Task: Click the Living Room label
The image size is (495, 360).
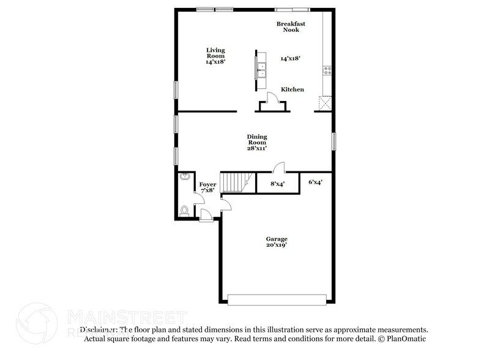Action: click(x=215, y=56)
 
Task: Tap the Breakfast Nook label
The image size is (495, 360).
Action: click(x=291, y=27)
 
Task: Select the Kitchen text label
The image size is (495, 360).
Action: click(x=292, y=89)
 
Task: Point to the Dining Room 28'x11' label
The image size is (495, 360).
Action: click(x=257, y=142)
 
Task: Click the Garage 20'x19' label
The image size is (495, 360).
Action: click(x=276, y=242)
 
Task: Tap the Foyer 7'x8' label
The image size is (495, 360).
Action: click(x=207, y=187)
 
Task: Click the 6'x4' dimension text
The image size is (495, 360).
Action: click(x=315, y=182)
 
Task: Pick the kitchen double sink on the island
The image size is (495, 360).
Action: click(x=262, y=69)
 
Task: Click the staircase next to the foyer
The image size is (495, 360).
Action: click(x=233, y=181)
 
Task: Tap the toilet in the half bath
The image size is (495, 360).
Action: click(x=185, y=210)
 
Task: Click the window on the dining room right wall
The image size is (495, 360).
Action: click(x=334, y=141)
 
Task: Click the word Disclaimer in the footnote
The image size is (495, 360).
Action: click(x=98, y=329)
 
